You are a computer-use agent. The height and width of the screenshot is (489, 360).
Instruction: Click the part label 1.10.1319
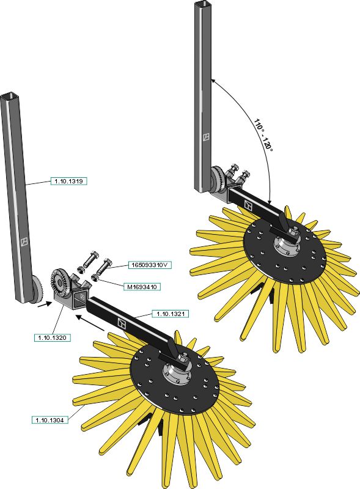68,181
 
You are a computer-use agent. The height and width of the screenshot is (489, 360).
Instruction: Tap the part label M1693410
142,287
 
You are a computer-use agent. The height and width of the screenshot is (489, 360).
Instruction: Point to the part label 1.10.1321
171,314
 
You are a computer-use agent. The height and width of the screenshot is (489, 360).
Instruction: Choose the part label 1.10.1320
53,337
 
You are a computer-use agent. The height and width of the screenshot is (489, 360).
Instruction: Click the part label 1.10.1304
50,420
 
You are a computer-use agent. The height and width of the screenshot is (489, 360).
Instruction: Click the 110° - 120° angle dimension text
263,134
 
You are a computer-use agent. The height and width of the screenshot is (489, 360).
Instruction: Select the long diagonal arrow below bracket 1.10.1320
90,323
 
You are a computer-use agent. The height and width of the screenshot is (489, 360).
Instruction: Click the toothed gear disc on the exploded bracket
58,282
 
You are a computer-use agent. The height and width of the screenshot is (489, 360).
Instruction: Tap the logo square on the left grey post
24,241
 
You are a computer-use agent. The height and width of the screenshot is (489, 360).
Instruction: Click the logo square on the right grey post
206,137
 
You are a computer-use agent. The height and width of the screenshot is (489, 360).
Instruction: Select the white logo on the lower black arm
122,323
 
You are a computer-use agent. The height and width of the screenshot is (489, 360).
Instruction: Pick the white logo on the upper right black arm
248,205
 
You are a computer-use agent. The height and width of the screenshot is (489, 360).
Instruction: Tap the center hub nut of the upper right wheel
293,232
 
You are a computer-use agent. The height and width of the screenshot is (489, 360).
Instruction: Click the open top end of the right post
203,4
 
